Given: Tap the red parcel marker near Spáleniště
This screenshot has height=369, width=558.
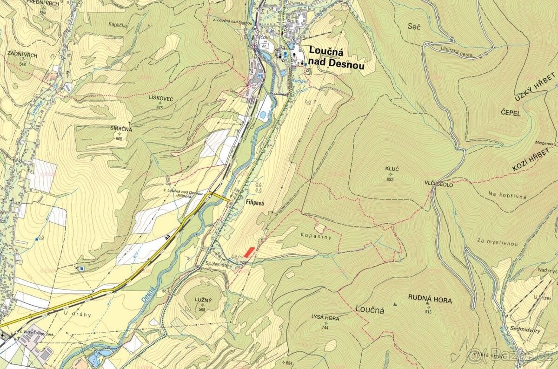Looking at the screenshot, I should point(249,252).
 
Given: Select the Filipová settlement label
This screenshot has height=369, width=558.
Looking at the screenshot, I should point(254,204).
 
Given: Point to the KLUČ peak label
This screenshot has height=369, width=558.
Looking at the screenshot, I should point(390,167).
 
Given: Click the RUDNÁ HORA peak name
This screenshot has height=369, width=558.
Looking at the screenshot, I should point(430,301).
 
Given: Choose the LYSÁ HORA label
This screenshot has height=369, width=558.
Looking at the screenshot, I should point(325,319).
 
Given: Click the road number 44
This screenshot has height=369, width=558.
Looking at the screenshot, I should point(166,238).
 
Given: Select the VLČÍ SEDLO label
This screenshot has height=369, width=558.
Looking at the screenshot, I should point(438,184).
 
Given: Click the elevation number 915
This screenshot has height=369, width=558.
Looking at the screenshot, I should point(428,312).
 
